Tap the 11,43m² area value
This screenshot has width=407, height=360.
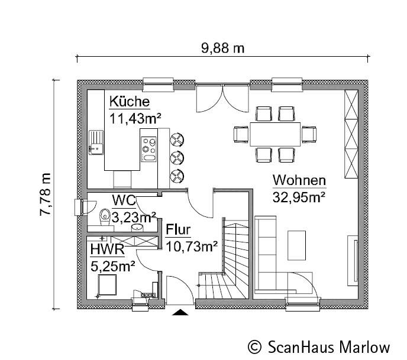(x=135, y=117)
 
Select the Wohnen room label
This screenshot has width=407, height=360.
(x=299, y=180)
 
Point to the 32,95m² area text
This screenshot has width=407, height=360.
(x=299, y=196)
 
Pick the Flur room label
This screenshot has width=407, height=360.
(x=178, y=229)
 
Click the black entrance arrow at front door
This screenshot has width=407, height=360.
(x=180, y=312)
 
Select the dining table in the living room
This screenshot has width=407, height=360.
(x=275, y=134)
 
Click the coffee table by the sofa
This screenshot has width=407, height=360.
(x=296, y=244)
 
